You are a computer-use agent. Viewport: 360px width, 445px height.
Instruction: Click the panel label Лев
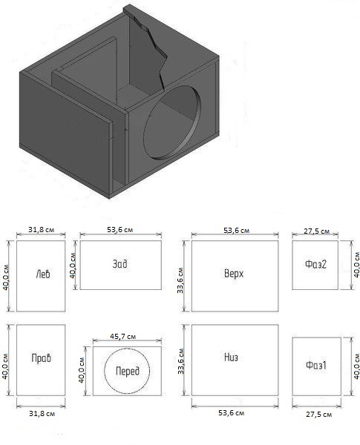[43, 274]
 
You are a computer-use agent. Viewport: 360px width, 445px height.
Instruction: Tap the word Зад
[120, 264]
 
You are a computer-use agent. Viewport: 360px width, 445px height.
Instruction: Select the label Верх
[234, 274]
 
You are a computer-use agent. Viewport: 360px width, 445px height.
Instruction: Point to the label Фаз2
[315, 265]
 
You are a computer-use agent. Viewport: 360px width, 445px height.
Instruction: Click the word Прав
[42, 358]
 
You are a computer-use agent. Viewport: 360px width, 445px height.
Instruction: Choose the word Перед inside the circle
[128, 371]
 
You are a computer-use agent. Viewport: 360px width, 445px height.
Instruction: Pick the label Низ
[231, 357]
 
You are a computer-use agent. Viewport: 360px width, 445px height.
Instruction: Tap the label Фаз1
[316, 365]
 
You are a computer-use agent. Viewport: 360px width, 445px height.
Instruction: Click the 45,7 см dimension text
[123, 337]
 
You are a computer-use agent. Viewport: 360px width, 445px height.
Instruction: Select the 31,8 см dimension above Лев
[41, 229]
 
